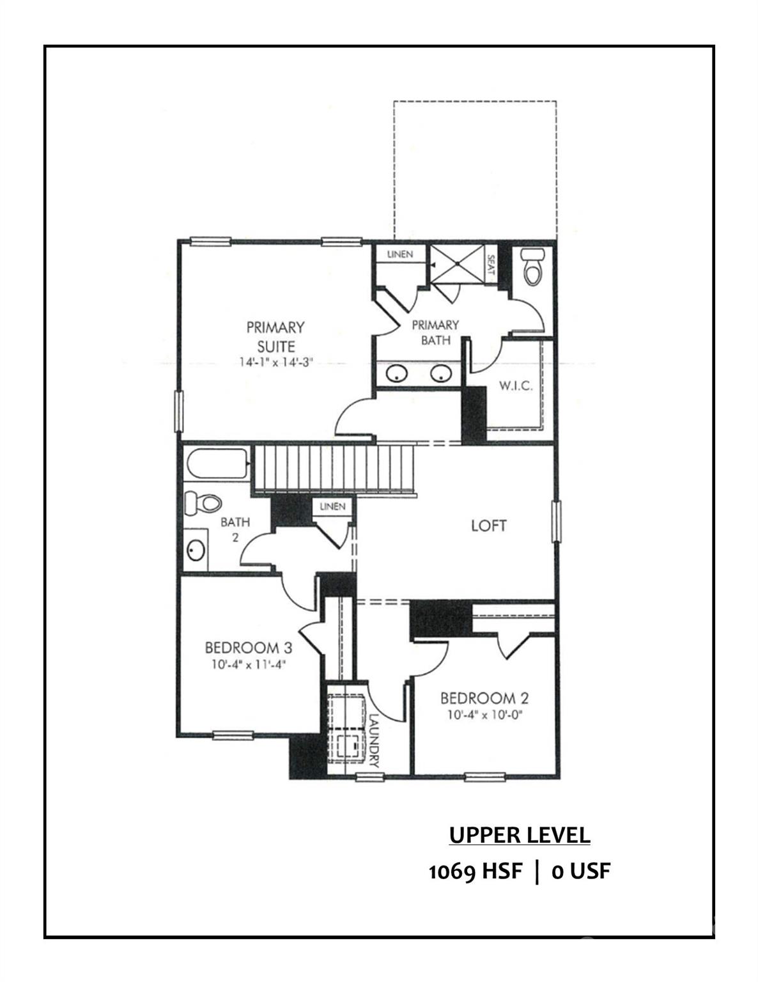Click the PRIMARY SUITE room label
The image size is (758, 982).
click(275, 336)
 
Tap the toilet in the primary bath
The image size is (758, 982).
click(532, 267)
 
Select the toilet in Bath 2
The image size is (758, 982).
click(201, 503)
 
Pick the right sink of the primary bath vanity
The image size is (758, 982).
click(441, 373)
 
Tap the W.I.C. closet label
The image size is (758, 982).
click(515, 387)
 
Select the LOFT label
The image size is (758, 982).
click(488, 526)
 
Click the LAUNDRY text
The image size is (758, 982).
click(375, 740)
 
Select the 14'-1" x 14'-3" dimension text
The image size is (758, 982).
click(275, 362)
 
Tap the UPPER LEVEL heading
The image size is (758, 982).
click(519, 835)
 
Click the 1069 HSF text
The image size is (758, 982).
click(475, 871)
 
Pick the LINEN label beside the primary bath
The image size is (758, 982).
click(400, 254)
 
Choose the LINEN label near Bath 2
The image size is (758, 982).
click(332, 506)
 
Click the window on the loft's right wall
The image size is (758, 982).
click(556, 522)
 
